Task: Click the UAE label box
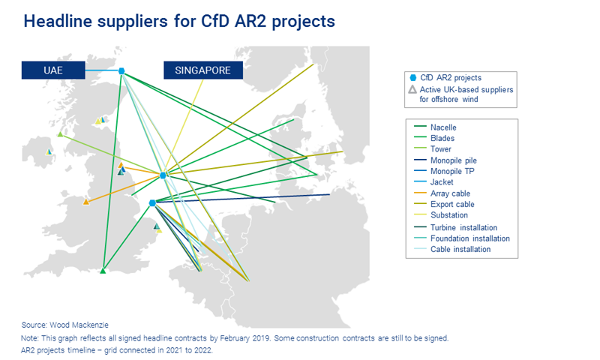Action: (52, 70)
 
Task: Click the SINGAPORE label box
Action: (202, 70)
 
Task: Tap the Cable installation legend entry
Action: (460, 249)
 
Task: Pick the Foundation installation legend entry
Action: (469, 238)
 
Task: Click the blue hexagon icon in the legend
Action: (412, 77)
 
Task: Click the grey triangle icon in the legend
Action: (412, 89)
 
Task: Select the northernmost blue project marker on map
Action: (121, 72)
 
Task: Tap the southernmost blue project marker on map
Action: (152, 202)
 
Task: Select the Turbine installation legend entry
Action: (463, 227)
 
